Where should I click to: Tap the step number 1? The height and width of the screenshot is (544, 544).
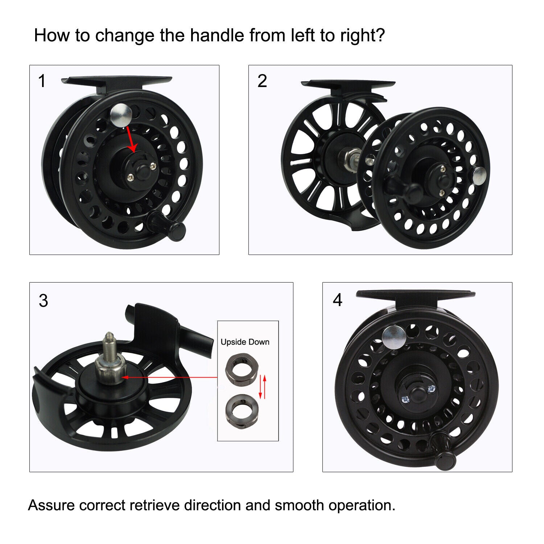[42, 81]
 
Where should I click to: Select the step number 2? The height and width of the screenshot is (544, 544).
[262, 81]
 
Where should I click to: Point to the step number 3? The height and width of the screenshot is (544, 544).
[43, 301]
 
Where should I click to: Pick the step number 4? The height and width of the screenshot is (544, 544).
[337, 300]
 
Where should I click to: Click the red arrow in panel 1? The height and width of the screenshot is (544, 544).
[131, 140]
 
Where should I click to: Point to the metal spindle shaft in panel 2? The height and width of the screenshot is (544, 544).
[349, 157]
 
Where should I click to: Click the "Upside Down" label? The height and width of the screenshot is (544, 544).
[245, 342]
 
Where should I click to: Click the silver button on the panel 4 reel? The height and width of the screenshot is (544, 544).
[394, 337]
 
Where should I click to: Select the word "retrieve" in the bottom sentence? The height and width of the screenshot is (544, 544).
[157, 505]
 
